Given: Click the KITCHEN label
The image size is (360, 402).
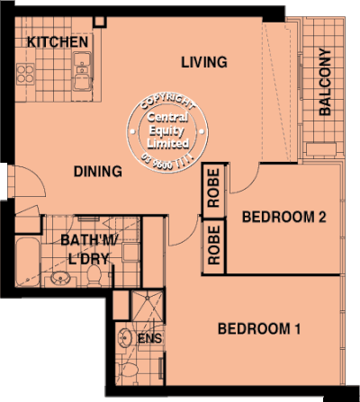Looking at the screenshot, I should pos(57,42).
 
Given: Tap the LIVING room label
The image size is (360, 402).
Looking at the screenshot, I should pos(203,62).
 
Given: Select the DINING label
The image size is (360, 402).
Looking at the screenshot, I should pos(98,171).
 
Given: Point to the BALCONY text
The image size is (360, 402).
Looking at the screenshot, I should pos(325,84).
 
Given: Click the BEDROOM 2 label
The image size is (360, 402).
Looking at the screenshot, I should pos(284,217).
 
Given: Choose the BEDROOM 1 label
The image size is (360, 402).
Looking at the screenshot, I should pos(259,328).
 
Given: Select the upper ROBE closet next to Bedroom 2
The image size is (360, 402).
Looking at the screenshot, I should pos(214,189).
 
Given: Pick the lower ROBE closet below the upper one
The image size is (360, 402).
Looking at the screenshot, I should pos(214,245).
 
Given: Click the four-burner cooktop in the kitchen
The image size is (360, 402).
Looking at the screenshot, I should pos(22,75).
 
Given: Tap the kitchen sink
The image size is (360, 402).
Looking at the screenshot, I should pos(83,66).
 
